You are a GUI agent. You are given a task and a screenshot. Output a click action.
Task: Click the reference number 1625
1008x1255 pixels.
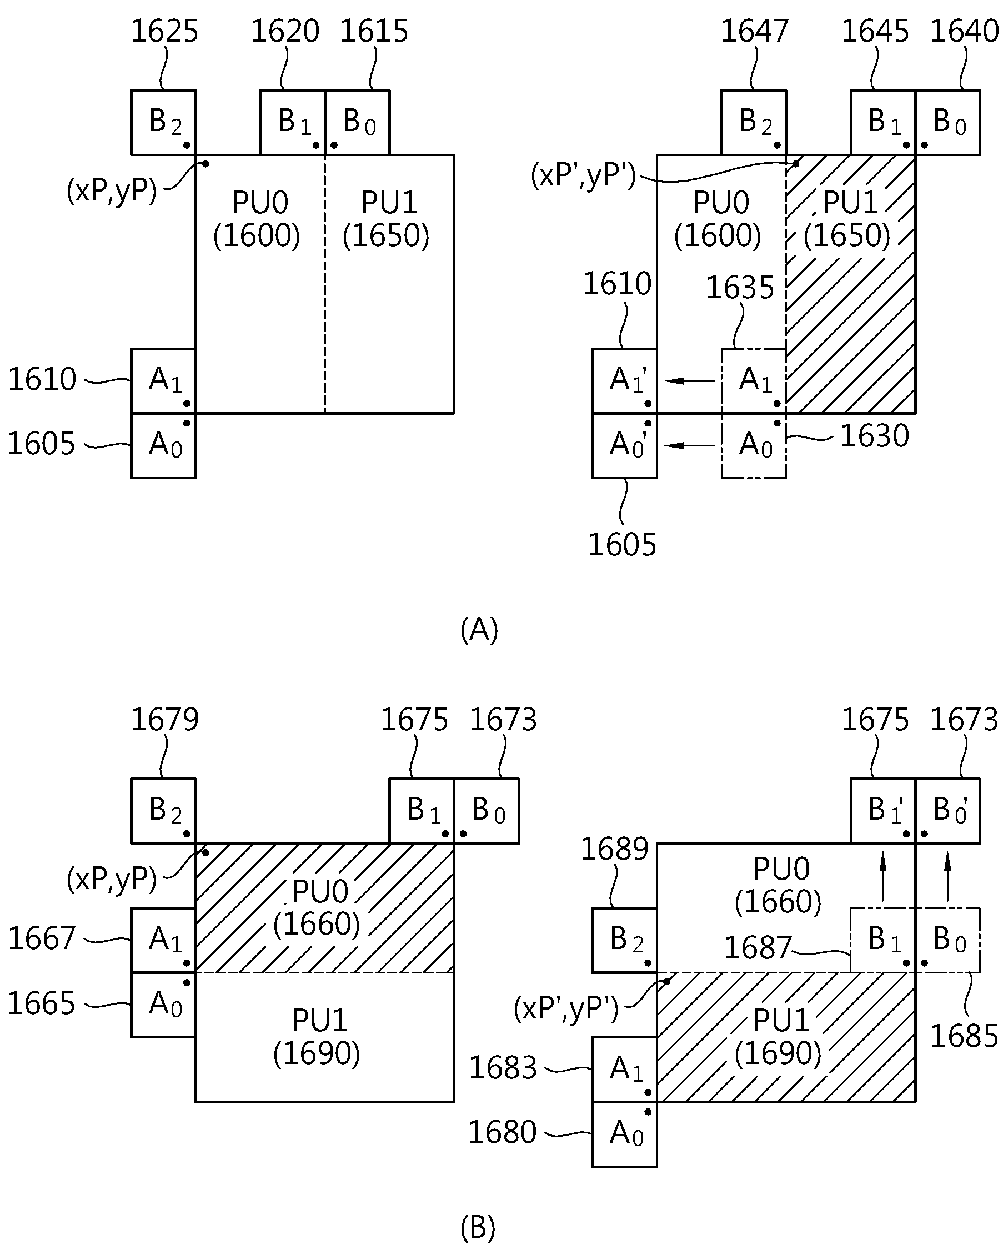164,32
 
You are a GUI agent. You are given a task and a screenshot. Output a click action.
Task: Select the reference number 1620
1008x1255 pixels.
285,32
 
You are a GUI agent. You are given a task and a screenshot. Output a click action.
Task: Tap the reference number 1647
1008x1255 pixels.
755,32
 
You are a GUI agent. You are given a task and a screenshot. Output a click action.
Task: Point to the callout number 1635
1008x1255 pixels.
740,288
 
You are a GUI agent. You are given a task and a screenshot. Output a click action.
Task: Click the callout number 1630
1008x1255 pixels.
875,436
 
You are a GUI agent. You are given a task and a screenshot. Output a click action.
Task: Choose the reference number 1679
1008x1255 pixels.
164,720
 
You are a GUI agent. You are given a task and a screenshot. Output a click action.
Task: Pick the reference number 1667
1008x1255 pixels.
41,939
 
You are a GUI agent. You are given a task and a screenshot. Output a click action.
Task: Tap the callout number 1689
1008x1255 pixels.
614,850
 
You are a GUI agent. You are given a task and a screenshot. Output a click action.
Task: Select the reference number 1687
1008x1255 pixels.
758,948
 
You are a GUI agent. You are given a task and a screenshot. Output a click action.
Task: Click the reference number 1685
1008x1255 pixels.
964,1037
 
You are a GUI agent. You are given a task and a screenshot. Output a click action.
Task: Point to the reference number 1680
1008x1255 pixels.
502,1133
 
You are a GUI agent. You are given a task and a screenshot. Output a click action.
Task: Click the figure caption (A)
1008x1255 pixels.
479,630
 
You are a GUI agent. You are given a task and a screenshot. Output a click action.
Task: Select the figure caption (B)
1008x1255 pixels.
478,1228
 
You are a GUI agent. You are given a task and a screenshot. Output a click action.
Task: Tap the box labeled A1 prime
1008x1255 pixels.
624,381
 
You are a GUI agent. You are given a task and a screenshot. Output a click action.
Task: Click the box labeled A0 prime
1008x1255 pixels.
624,446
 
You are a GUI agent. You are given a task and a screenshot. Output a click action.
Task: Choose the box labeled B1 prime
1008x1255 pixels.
883,811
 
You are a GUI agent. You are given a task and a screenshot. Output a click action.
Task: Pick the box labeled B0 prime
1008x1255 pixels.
947,811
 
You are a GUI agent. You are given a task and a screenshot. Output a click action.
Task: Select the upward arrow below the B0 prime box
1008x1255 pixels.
947,877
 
